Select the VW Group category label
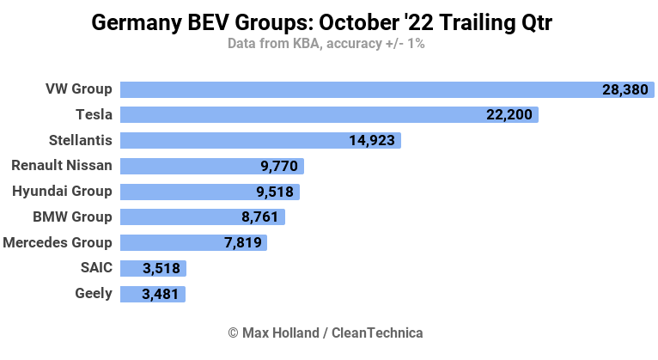[x=79, y=88]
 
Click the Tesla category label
[x=94, y=114]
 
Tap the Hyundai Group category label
[x=62, y=191]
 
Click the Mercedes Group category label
[x=58, y=242]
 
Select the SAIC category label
[x=94, y=268]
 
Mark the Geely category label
[x=94, y=293]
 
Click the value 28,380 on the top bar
[x=625, y=89]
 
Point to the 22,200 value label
[x=509, y=115]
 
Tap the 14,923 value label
[x=372, y=141]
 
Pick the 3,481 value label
[x=161, y=294]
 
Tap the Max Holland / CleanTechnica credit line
[x=326, y=333]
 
